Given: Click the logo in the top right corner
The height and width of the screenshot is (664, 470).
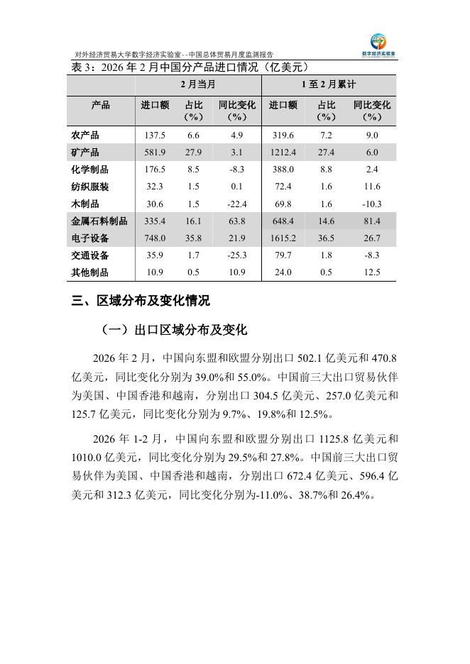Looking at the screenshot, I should (383, 44).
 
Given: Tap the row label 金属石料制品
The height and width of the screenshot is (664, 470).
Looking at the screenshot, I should (100, 221).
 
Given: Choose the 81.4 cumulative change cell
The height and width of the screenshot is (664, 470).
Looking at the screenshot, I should (371, 221).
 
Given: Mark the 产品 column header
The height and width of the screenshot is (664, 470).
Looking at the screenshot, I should (101, 105).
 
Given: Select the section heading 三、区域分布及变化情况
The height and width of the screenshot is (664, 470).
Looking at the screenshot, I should (141, 301).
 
